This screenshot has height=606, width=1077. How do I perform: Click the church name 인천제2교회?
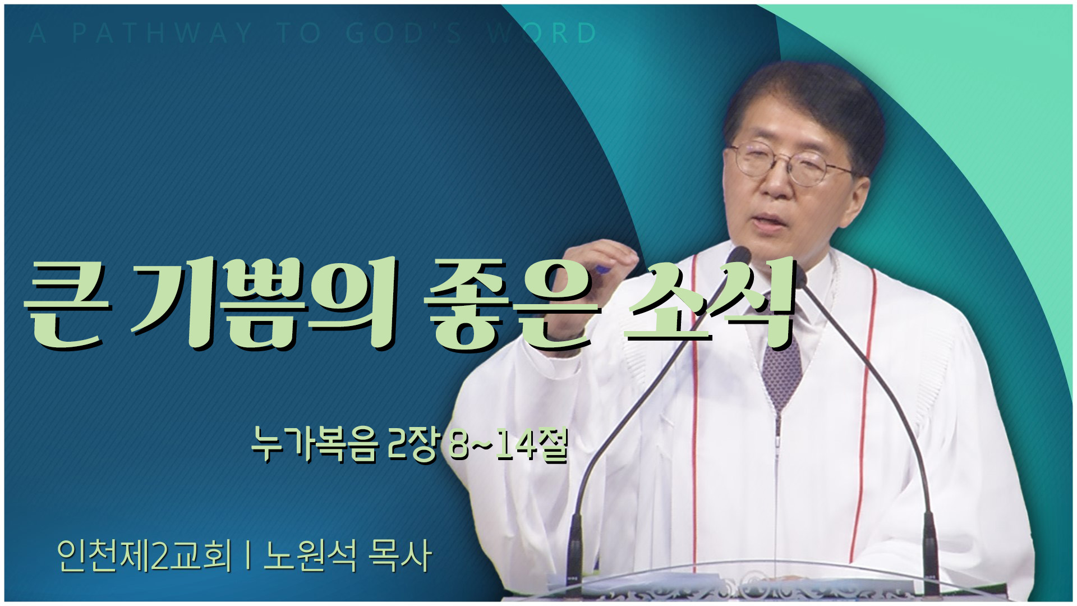[x=144, y=555]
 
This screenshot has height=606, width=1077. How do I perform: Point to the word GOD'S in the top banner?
[x=404, y=34]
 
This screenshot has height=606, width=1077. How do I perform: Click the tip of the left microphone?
[x=742, y=254]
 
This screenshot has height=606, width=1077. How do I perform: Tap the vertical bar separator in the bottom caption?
[x=247, y=555]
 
